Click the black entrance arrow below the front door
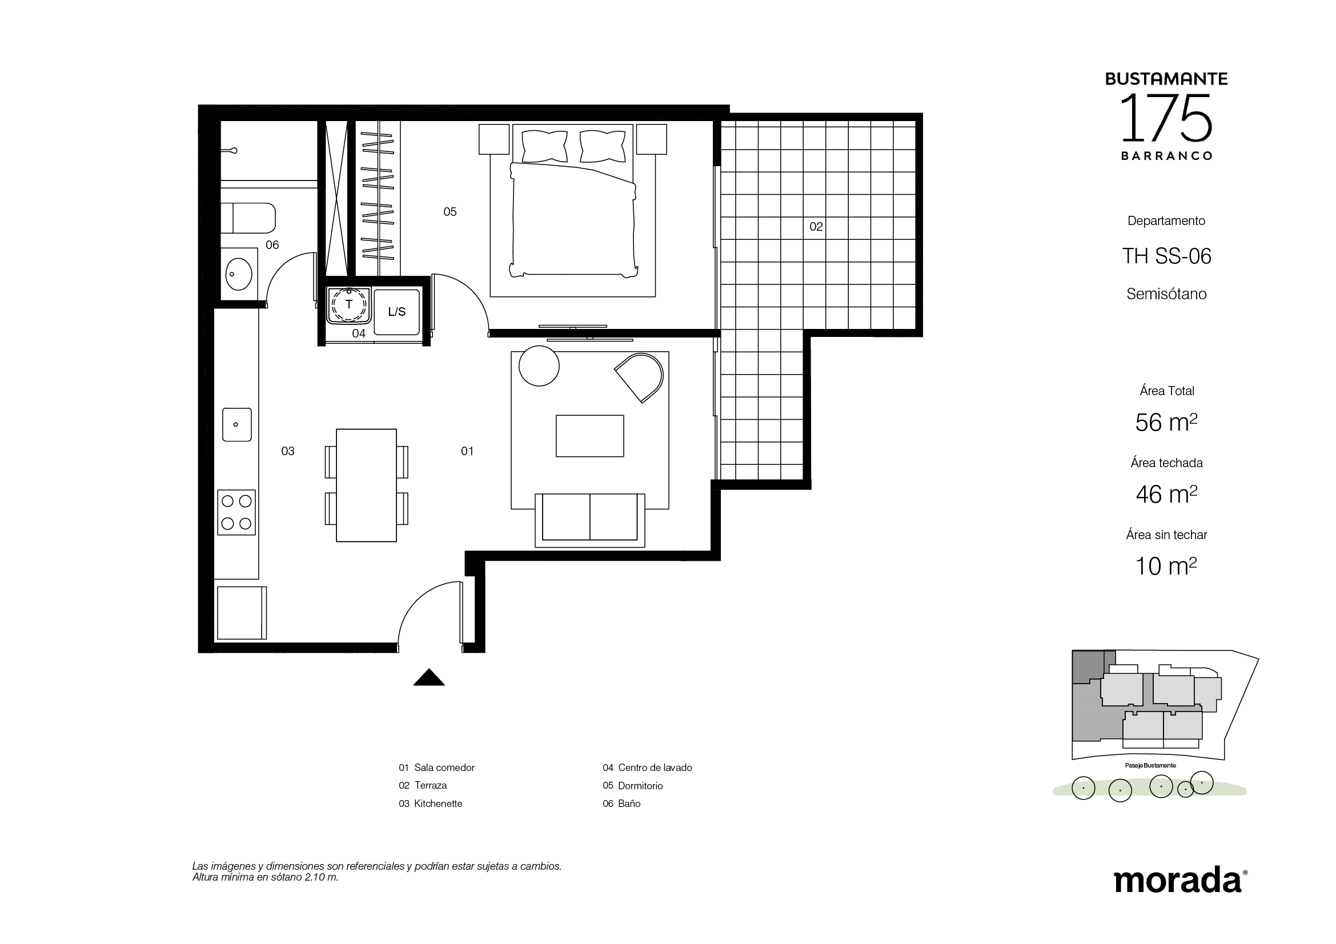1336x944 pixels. [429, 678]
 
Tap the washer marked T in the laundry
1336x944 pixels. [349, 305]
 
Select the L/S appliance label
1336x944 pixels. [397, 312]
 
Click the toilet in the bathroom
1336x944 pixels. [248, 218]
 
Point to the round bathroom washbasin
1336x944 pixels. [239, 273]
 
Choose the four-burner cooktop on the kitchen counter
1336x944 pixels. [237, 512]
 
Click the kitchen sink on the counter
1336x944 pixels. [237, 424]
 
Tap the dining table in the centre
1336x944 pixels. [367, 485]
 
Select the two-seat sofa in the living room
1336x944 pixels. [590, 520]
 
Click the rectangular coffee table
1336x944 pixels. [590, 436]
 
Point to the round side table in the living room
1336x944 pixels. [539, 366]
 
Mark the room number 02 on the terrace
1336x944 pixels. [816, 227]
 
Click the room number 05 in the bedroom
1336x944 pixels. [450, 212]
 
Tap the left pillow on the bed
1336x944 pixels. [545, 146]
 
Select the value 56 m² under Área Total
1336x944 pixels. [1166, 422]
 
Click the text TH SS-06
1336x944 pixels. [1167, 256]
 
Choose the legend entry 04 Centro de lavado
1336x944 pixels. [647, 768]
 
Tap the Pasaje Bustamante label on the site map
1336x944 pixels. [1150, 765]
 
